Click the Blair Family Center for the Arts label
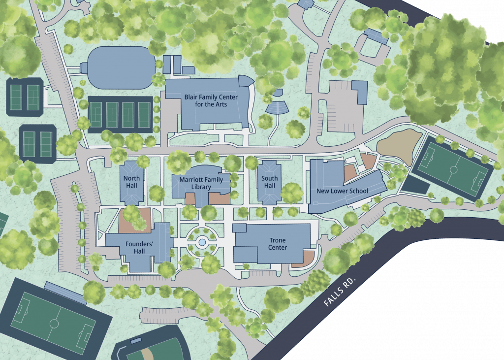[211, 100]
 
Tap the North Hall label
[131, 182]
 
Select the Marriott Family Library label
[201, 183]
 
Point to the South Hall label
[269, 182]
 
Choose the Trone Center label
[278, 244]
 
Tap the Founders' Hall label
[134, 247]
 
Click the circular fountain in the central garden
[201, 242]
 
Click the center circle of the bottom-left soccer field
[54, 323]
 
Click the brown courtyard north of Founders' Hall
[134, 220]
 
